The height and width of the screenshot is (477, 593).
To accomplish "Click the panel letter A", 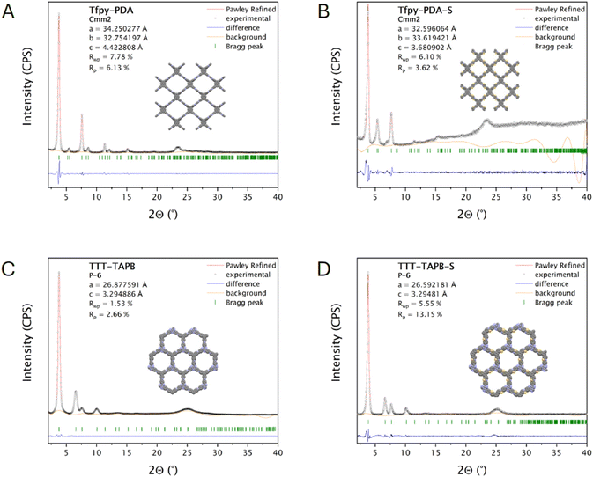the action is [x=8, y=12].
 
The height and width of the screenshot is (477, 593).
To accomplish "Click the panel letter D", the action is [x=324, y=268].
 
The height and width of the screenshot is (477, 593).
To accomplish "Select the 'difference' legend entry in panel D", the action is [x=542, y=284].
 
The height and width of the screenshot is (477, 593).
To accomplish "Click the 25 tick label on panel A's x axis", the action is [x=187, y=197].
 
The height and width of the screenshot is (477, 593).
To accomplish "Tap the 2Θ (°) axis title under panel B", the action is [x=472, y=215].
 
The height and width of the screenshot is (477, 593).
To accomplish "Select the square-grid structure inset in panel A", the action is [x=190, y=97].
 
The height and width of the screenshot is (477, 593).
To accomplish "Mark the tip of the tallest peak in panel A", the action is [x=59, y=12].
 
